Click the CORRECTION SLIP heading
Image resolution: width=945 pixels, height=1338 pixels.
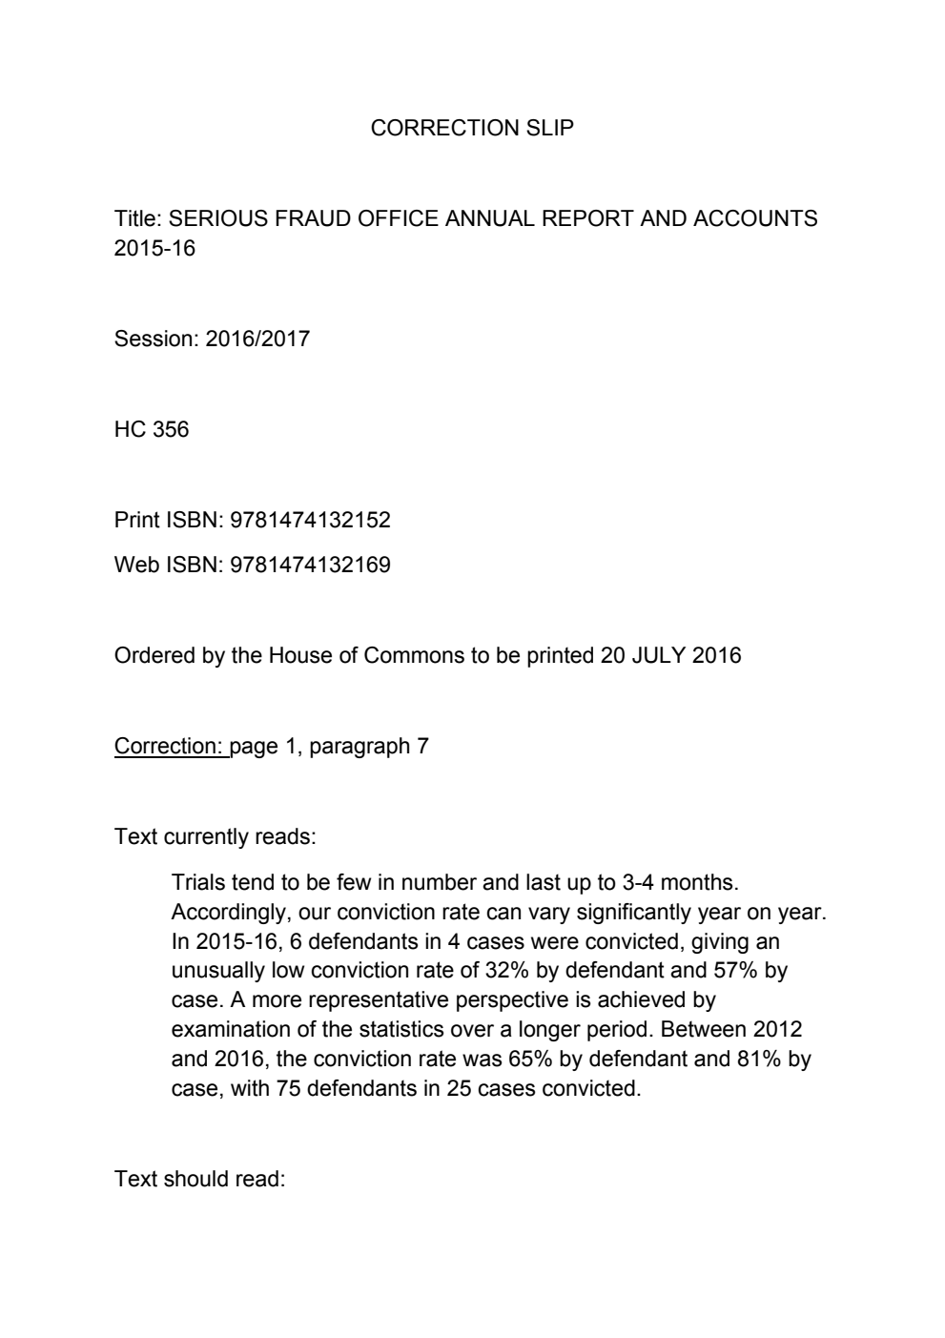[472, 128]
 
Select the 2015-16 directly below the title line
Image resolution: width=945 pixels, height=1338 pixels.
[154, 248]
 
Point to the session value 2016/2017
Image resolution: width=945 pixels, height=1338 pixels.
[257, 339]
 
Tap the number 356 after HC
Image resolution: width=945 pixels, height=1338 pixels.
[171, 429]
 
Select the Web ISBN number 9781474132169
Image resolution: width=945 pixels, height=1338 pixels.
[310, 565]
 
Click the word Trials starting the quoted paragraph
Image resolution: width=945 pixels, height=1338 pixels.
[197, 882]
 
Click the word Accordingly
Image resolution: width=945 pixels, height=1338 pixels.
[225, 912]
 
